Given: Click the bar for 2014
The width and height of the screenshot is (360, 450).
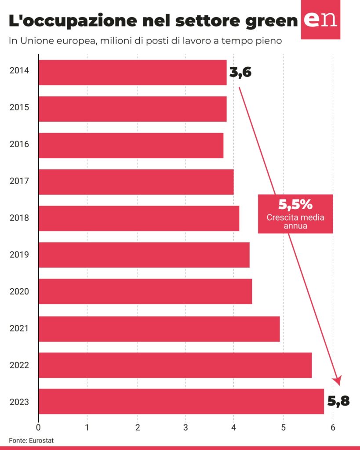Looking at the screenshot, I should pyautogui.click(x=132, y=73).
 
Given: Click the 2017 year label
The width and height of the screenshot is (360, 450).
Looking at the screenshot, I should pyautogui.click(x=19, y=181).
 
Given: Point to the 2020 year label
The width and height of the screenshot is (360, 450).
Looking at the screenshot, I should pyautogui.click(x=19, y=291).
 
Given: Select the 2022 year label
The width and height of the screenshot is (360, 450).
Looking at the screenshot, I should pyautogui.click(x=19, y=364).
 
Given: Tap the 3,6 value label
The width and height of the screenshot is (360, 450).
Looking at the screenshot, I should pyautogui.click(x=240, y=73).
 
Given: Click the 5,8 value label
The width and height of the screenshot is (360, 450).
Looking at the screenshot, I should pyautogui.click(x=338, y=401).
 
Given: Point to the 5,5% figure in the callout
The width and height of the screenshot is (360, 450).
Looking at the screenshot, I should pyautogui.click(x=295, y=204).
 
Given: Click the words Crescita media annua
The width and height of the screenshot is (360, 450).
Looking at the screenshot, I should pyautogui.click(x=295, y=222).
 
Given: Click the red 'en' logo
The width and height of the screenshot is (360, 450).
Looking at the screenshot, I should pyautogui.click(x=320, y=20).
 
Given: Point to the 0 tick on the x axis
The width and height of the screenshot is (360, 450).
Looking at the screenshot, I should pyautogui.click(x=39, y=426).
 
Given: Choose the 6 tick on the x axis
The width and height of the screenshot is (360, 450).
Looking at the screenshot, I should pyautogui.click(x=333, y=426).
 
